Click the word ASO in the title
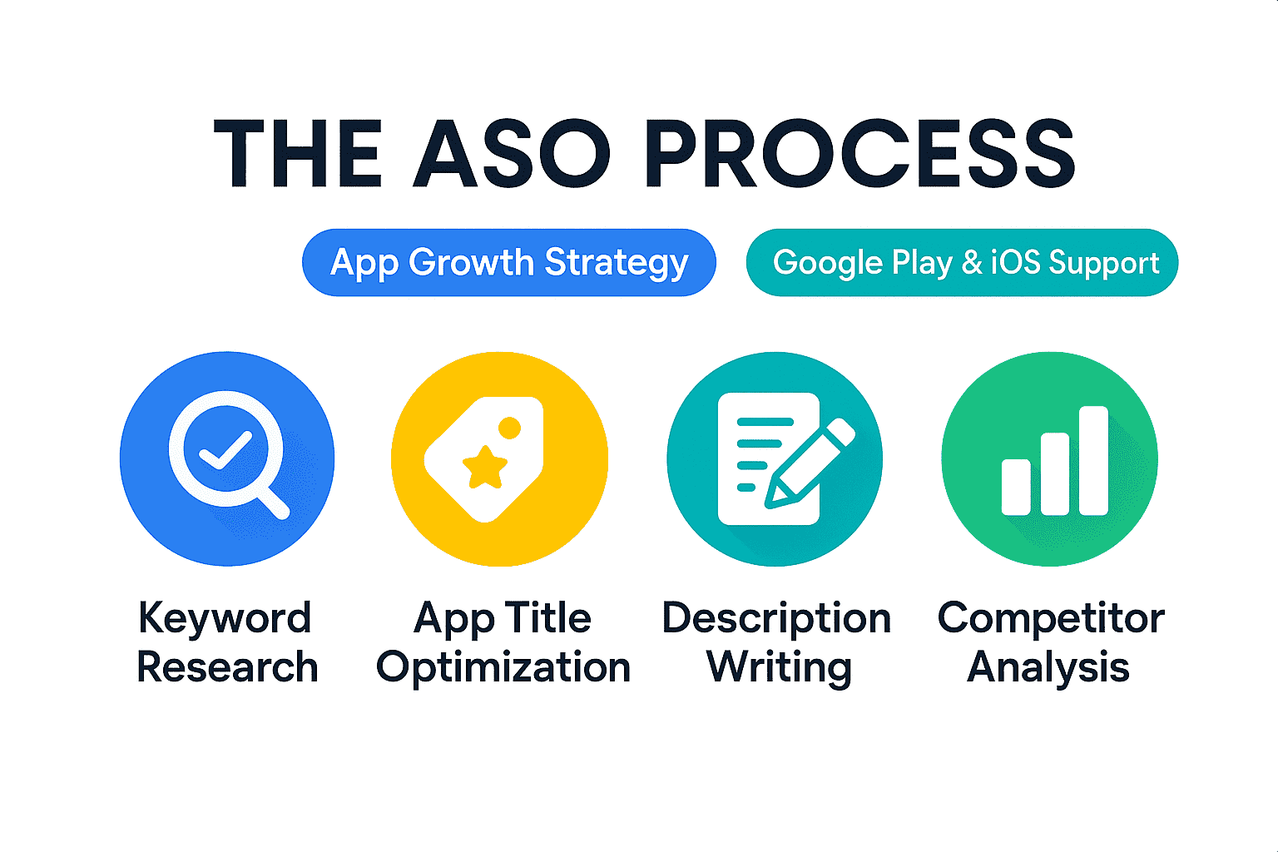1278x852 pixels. (512, 153)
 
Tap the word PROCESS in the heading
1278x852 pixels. (859, 153)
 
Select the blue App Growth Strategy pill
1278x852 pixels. (509, 262)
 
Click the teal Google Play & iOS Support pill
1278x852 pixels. (962, 262)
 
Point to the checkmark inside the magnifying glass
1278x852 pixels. (225, 450)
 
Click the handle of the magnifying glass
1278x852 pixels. (273, 503)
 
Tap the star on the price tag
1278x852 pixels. (485, 468)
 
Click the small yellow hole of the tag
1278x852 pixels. (509, 428)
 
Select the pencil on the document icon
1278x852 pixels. (810, 463)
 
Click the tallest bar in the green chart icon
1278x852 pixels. (1093, 460)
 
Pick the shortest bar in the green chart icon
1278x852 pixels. (1016, 487)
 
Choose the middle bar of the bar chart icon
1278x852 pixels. (1055, 473)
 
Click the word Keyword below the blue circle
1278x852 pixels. (225, 618)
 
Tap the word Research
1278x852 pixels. (227, 666)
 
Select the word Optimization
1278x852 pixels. (503, 668)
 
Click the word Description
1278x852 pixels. (776, 619)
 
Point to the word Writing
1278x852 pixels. (779, 668)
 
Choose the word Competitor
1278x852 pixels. (1051, 619)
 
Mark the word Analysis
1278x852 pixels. (1048, 668)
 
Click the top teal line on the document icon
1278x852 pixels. (765, 422)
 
